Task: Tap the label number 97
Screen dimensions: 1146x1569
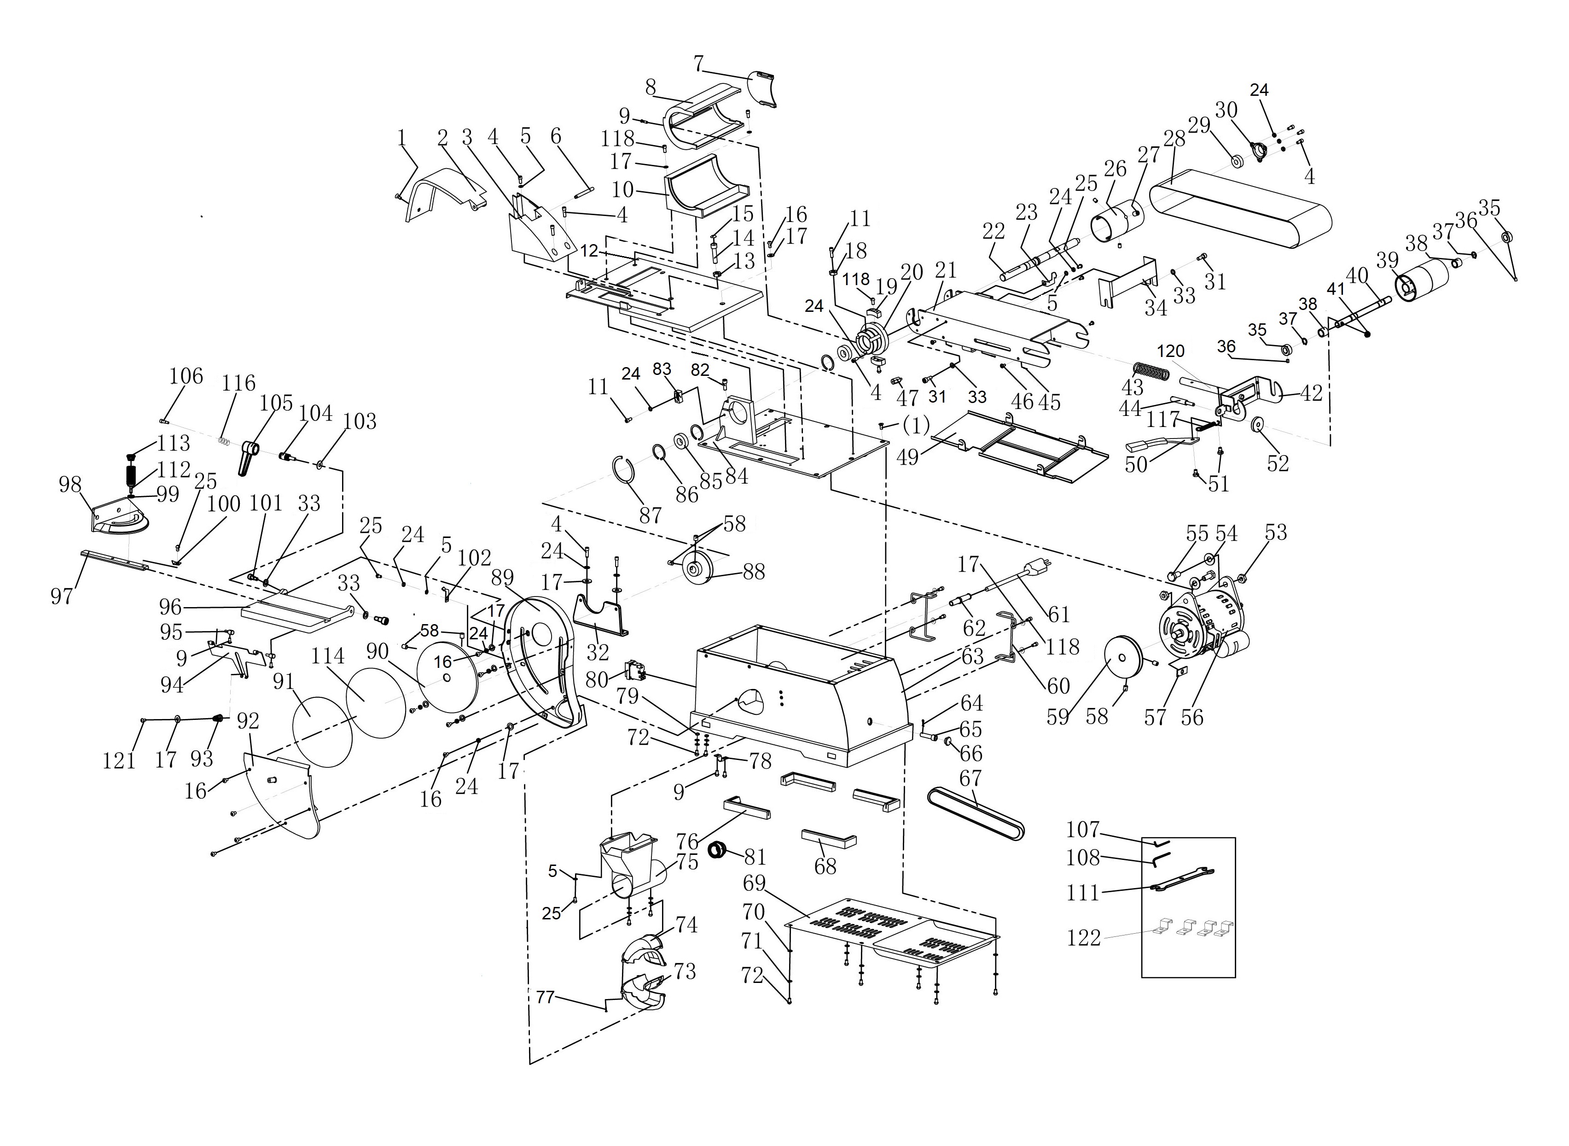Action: coord(62,595)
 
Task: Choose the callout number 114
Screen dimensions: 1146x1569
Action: coord(328,655)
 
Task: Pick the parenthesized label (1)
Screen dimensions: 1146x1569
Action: coord(916,426)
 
